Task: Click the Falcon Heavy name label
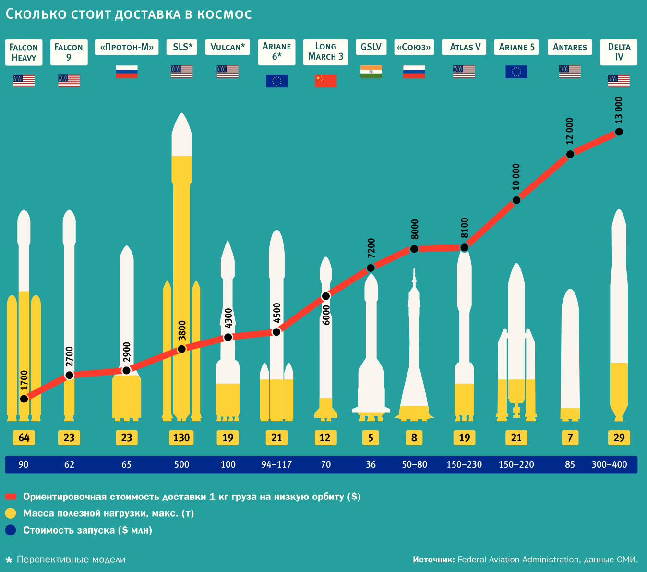point(24,52)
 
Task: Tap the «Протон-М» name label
point(127,47)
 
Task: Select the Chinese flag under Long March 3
point(325,81)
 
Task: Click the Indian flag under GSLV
point(371,71)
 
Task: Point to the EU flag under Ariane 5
point(516,72)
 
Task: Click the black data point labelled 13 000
point(619,132)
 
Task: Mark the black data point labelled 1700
point(24,398)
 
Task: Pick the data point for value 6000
point(326,296)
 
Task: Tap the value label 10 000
point(516,177)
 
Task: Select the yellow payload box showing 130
point(181,438)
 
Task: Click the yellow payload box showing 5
point(371,438)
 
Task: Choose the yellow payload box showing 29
point(619,438)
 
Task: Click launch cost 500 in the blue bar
point(181,464)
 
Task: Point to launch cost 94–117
point(276,464)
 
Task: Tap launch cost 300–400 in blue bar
point(609,464)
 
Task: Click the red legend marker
point(11,497)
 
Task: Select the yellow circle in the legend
point(11,513)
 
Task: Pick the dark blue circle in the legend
point(11,530)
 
